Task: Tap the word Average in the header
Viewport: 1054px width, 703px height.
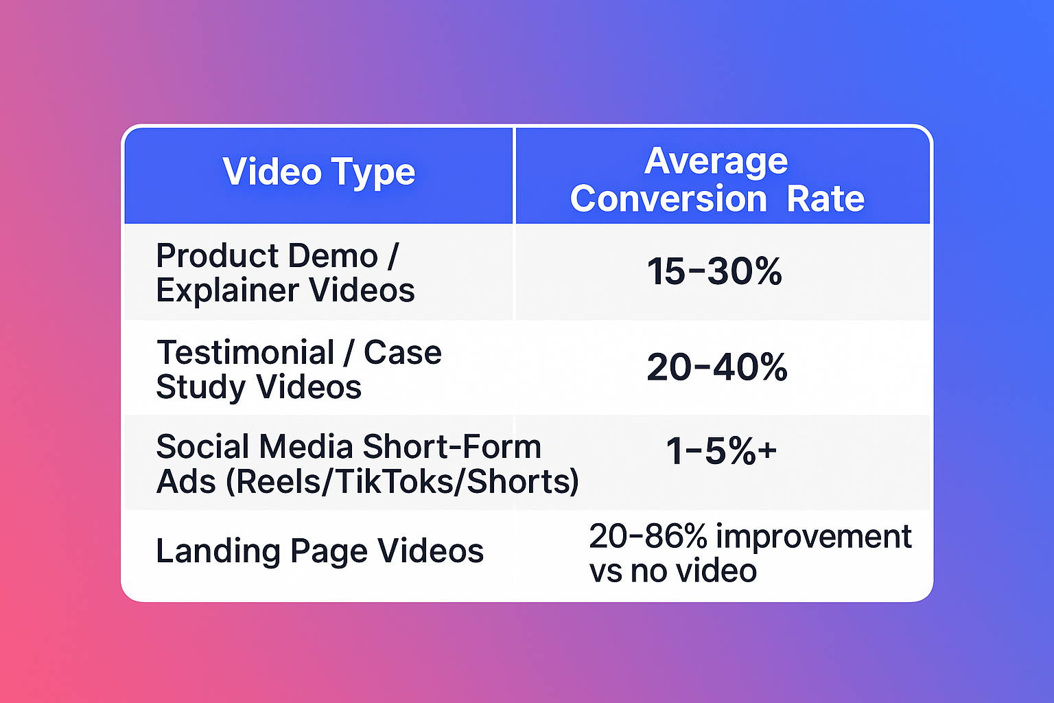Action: coord(716,161)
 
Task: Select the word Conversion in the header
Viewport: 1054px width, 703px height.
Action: coord(668,198)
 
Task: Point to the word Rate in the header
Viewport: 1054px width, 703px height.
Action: coord(825,198)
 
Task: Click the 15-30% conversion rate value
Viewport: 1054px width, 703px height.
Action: coord(714,272)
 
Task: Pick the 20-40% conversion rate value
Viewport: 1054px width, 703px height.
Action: coord(716,367)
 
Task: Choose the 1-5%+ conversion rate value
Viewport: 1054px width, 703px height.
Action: coord(721,450)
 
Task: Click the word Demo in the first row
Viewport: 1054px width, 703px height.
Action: coord(333,255)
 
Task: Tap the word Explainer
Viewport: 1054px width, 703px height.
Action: coord(227,290)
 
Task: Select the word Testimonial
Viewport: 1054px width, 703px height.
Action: coord(245,352)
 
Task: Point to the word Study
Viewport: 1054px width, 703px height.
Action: coord(201,388)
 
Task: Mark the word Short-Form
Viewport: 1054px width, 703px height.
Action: coord(452,446)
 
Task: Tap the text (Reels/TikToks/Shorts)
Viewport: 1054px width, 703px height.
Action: coord(402,482)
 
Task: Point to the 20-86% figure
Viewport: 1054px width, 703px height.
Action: coord(648,536)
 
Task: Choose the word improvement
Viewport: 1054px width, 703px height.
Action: coord(814,538)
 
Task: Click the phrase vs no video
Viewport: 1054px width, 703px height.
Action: coord(673,571)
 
